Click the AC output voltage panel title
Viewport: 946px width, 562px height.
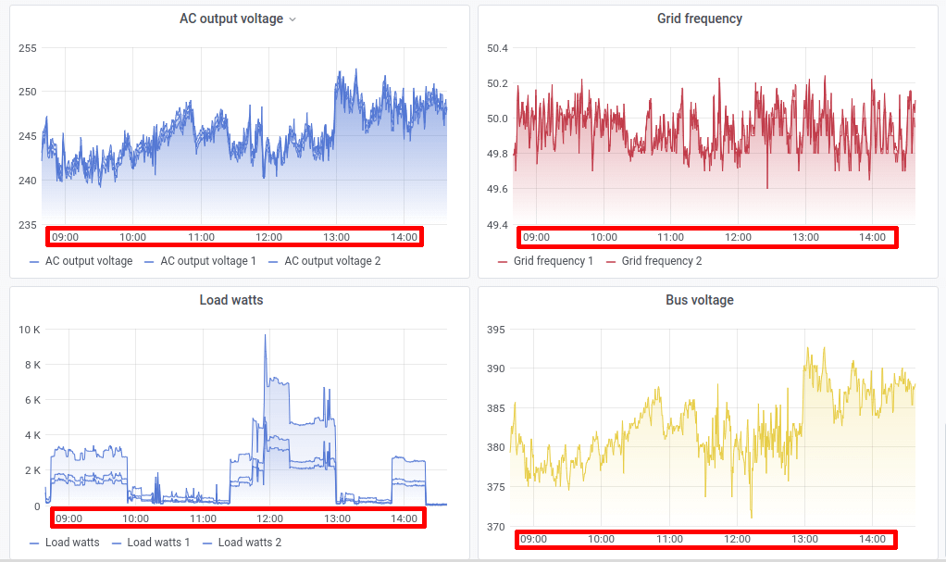click(230, 19)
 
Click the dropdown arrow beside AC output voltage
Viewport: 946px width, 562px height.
click(293, 19)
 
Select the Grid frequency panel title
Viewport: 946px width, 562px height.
click(699, 19)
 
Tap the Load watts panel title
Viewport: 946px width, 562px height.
click(231, 300)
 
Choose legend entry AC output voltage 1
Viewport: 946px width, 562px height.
click(208, 261)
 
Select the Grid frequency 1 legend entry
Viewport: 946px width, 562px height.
click(554, 261)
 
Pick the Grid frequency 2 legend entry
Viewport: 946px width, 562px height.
click(661, 261)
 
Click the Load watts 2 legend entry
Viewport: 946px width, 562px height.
click(250, 543)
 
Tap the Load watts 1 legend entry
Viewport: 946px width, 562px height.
click(158, 543)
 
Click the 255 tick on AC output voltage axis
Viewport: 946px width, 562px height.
click(28, 48)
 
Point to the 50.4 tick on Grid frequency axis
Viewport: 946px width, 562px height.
click(496, 48)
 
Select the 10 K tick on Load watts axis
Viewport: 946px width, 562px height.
click(30, 330)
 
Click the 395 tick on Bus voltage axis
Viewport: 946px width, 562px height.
click(495, 330)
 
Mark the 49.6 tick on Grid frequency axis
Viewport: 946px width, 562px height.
click(496, 189)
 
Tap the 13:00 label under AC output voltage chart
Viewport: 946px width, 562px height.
click(337, 237)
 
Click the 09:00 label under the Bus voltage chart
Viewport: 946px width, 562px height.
click(533, 539)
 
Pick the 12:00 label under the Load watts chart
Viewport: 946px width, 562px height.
click(269, 518)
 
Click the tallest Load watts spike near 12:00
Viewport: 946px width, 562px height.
click(265, 336)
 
